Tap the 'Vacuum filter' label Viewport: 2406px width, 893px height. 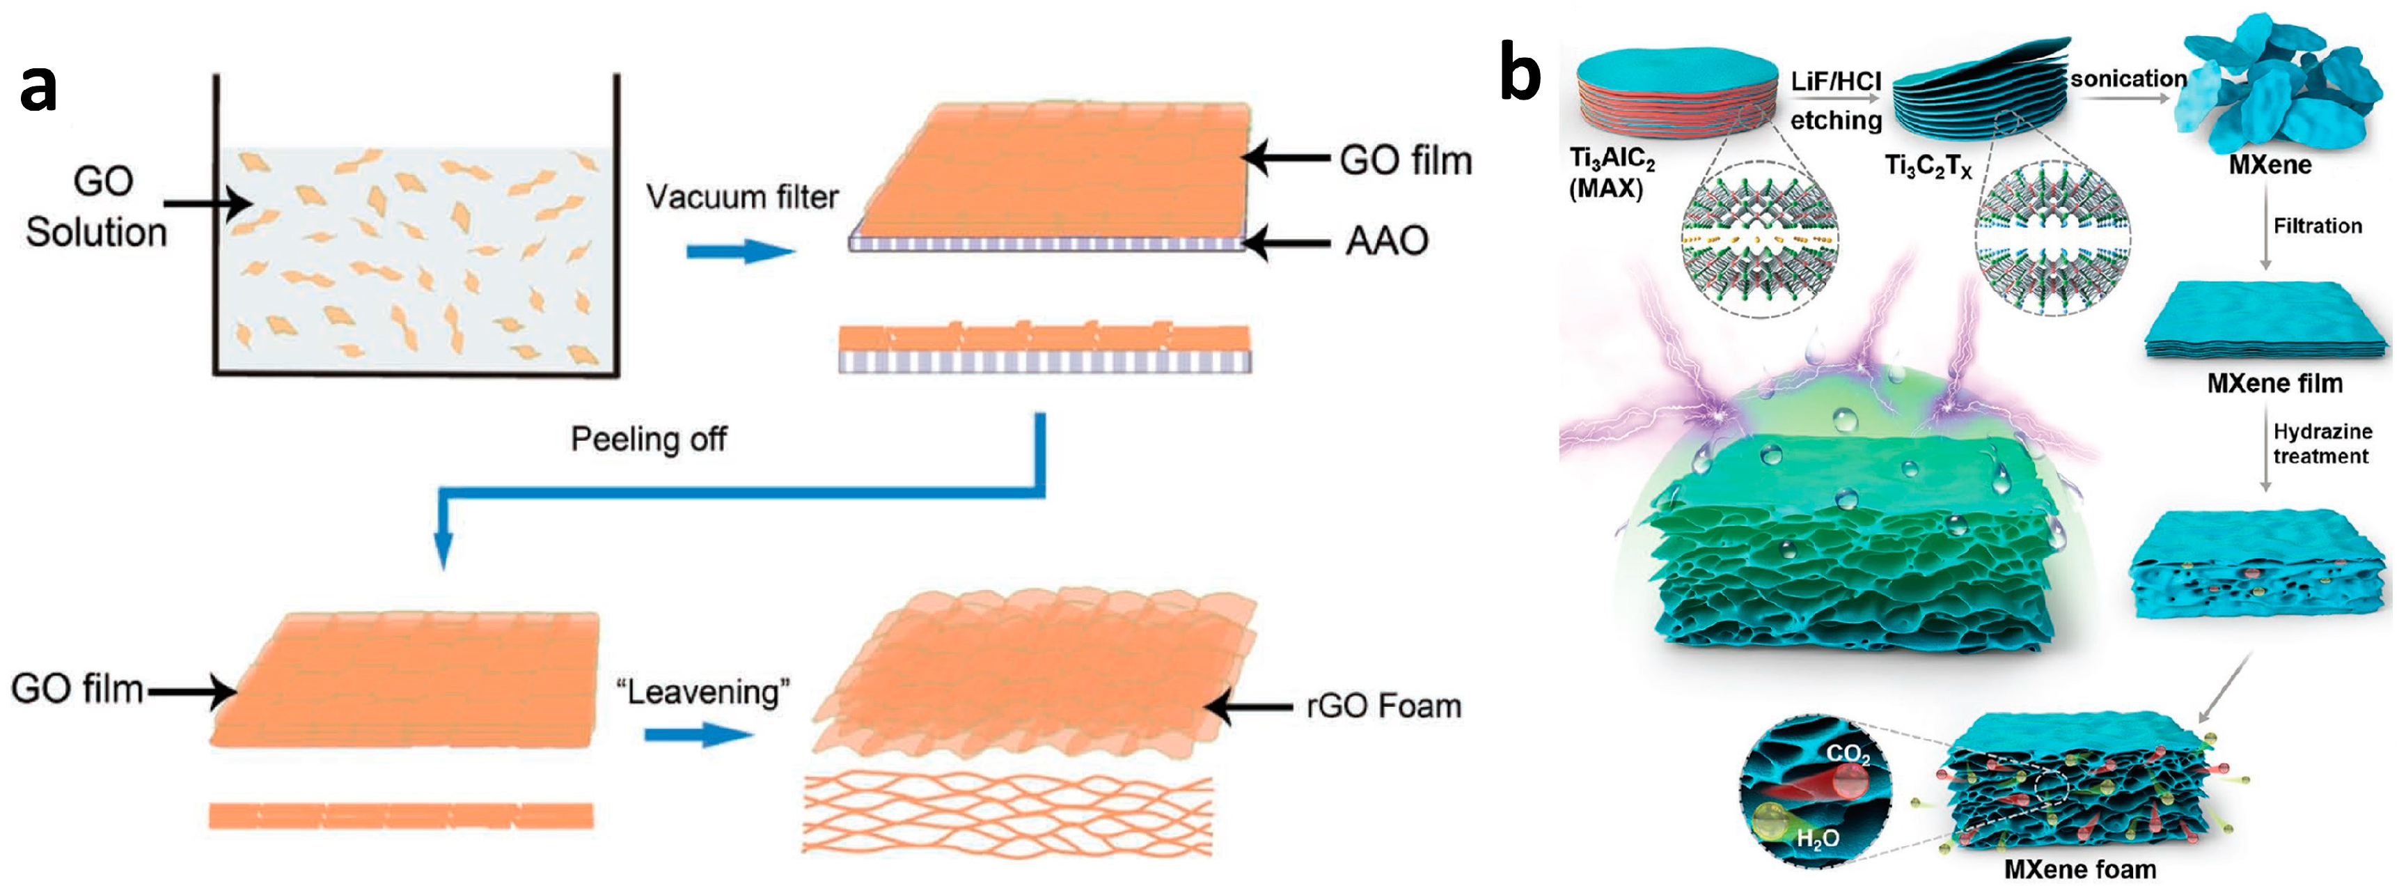[x=743, y=197]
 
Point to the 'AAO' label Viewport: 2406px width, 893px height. [x=1387, y=241]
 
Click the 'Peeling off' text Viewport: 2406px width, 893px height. [x=648, y=439]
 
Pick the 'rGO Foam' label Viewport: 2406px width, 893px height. [x=1383, y=706]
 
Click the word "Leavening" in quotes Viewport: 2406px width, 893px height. [x=703, y=692]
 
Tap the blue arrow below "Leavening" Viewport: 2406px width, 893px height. [x=699, y=734]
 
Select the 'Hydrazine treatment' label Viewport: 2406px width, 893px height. [x=2322, y=444]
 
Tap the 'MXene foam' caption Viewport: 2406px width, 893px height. [x=2080, y=869]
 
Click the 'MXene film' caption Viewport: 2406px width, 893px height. [x=2274, y=383]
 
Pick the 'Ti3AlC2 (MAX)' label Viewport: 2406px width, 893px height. [x=1611, y=173]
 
